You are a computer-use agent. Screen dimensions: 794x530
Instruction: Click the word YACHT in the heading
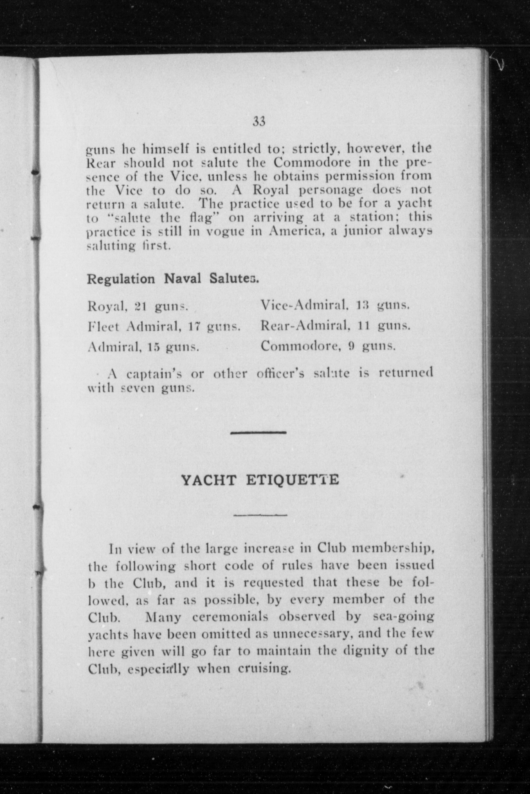[x=208, y=480]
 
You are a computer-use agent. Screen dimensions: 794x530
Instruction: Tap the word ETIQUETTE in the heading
[x=292, y=480]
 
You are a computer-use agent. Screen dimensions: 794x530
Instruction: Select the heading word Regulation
[x=121, y=280]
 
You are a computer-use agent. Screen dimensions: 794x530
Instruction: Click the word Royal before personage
[x=270, y=190]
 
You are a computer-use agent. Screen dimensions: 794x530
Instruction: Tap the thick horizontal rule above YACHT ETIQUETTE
[x=259, y=433]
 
